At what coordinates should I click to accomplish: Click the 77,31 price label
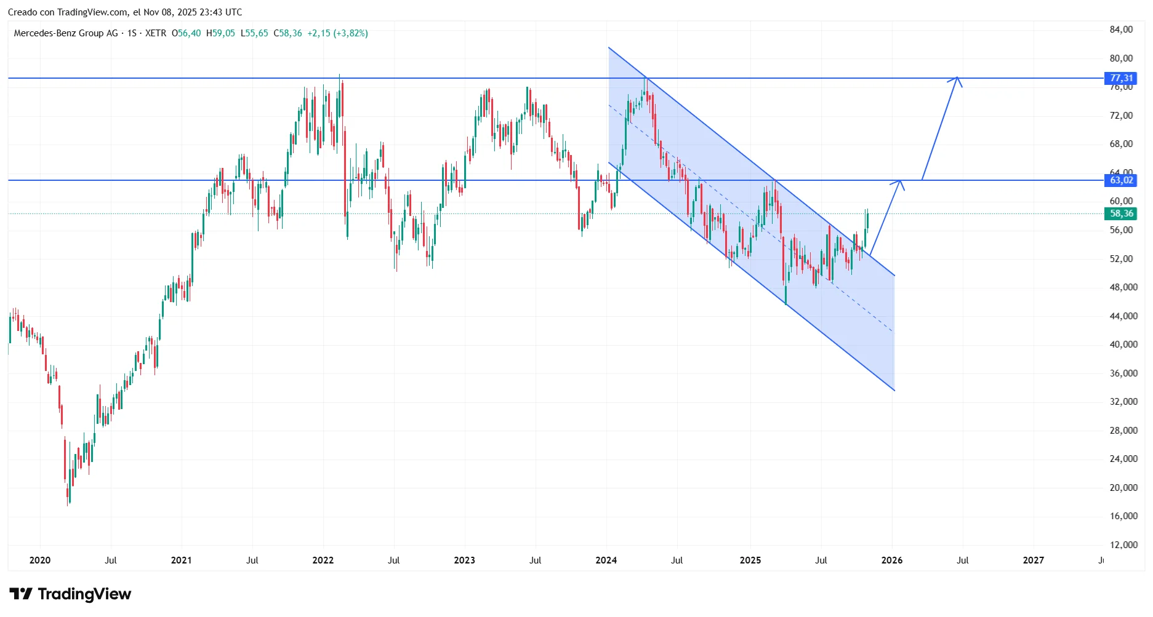1121,78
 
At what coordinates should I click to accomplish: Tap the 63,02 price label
1121,180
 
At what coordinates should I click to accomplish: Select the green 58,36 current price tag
1121,213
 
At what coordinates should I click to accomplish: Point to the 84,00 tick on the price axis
1121,30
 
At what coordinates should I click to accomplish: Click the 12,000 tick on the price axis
1123,544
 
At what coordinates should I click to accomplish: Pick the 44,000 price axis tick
1123,316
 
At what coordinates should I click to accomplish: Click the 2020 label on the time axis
40,560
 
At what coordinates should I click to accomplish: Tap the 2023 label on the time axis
464,560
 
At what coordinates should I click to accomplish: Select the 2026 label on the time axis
892,560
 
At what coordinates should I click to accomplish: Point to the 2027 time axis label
1033,560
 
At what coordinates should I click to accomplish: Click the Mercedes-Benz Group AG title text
66,33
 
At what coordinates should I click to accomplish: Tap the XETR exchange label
156,33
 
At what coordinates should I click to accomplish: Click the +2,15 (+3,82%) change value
337,33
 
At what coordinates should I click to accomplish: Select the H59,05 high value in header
220,33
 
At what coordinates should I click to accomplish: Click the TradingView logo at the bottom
70,594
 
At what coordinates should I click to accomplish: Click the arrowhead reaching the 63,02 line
900,182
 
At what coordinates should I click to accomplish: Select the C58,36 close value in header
287,33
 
